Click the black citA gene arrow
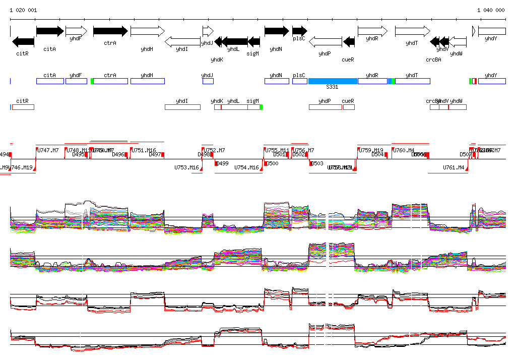pos(50,31)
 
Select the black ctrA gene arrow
pos(110,31)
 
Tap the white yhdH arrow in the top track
pos(147,31)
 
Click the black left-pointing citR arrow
pos(23,41)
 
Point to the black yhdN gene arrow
pos(277,31)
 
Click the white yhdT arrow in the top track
pos(412,31)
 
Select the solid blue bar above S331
pos(333,81)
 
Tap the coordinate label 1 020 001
pos(23,10)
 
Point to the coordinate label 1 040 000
pos(491,10)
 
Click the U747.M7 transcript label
pos(48,150)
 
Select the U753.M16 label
pos(186,167)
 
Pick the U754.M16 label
pos(246,167)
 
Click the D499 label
pos(222,163)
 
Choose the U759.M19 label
pos(371,150)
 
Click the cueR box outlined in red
pos(348,107)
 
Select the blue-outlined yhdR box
pos(372,81)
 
